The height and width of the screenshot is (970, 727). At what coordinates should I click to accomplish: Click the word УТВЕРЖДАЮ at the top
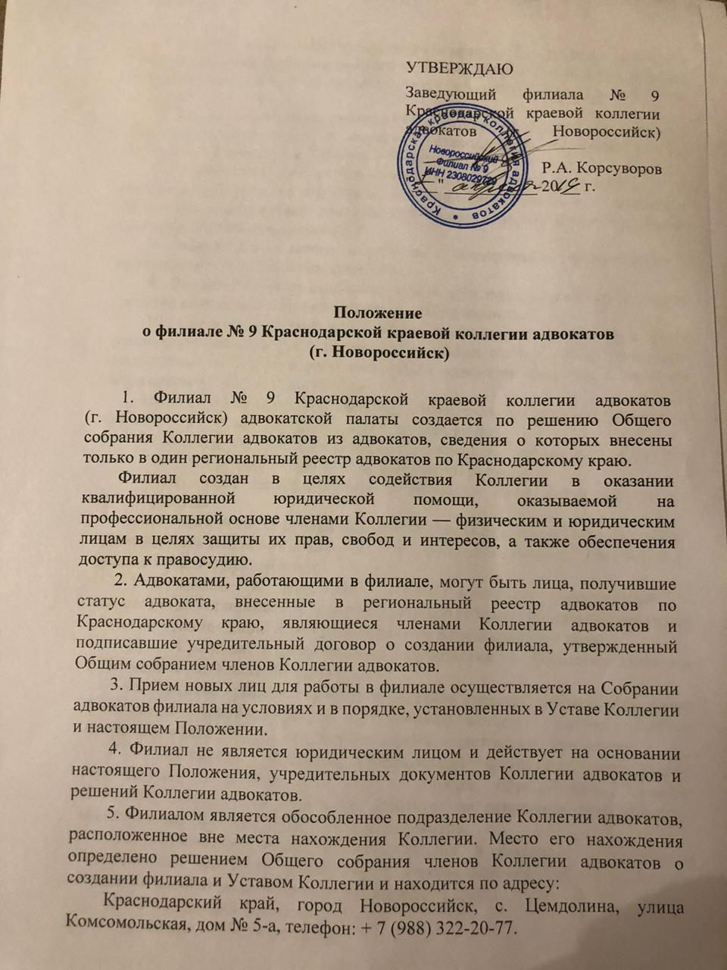pyautogui.click(x=460, y=67)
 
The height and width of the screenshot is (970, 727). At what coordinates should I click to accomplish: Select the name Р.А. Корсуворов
pyautogui.click(x=601, y=168)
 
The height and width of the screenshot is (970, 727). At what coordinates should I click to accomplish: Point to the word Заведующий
pyautogui.click(x=451, y=95)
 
